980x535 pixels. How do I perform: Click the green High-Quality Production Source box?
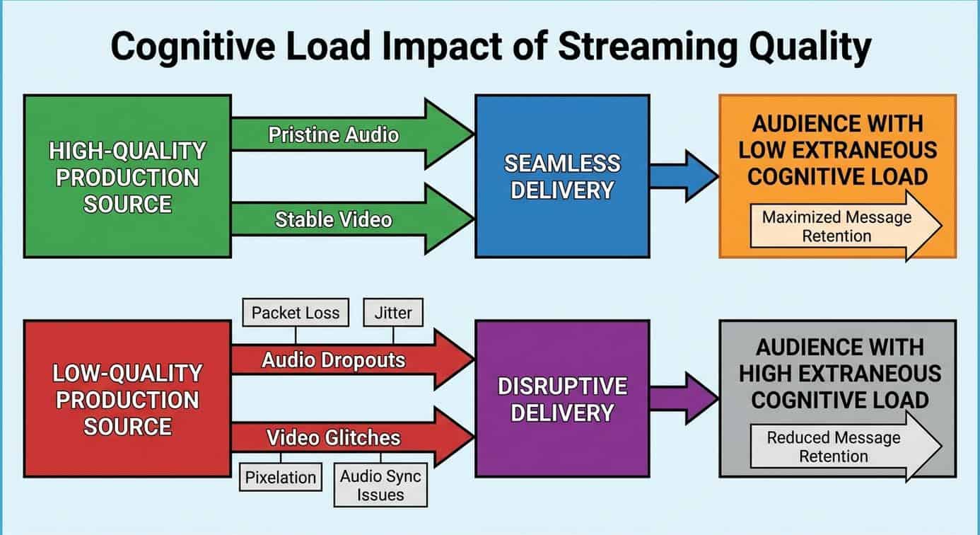click(127, 176)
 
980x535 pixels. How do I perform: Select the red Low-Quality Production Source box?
click(127, 399)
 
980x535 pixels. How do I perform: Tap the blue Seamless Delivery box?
click(561, 176)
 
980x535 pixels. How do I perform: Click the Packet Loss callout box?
click(296, 312)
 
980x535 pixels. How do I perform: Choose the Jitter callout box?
click(393, 312)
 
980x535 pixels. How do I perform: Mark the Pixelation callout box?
click(281, 477)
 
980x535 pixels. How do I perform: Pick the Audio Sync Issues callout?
click(380, 485)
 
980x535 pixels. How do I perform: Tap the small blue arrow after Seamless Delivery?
click(683, 176)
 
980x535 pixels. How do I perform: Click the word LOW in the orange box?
click(774, 150)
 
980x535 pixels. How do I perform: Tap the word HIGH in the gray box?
click(771, 373)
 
